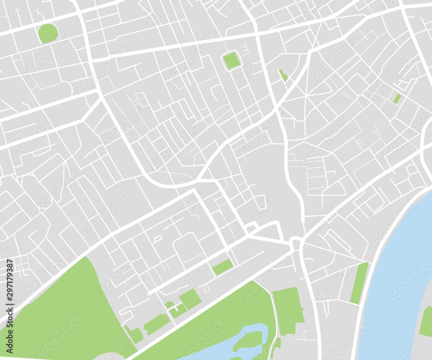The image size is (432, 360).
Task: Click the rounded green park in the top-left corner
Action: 48,33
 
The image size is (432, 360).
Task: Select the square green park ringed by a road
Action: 232,61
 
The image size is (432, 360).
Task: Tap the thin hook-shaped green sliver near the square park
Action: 283,76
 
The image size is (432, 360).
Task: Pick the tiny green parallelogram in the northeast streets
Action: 397,99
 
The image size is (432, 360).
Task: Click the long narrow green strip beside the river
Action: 359,283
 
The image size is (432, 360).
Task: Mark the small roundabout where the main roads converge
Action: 296,242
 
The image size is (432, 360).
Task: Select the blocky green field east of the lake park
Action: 287,309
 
